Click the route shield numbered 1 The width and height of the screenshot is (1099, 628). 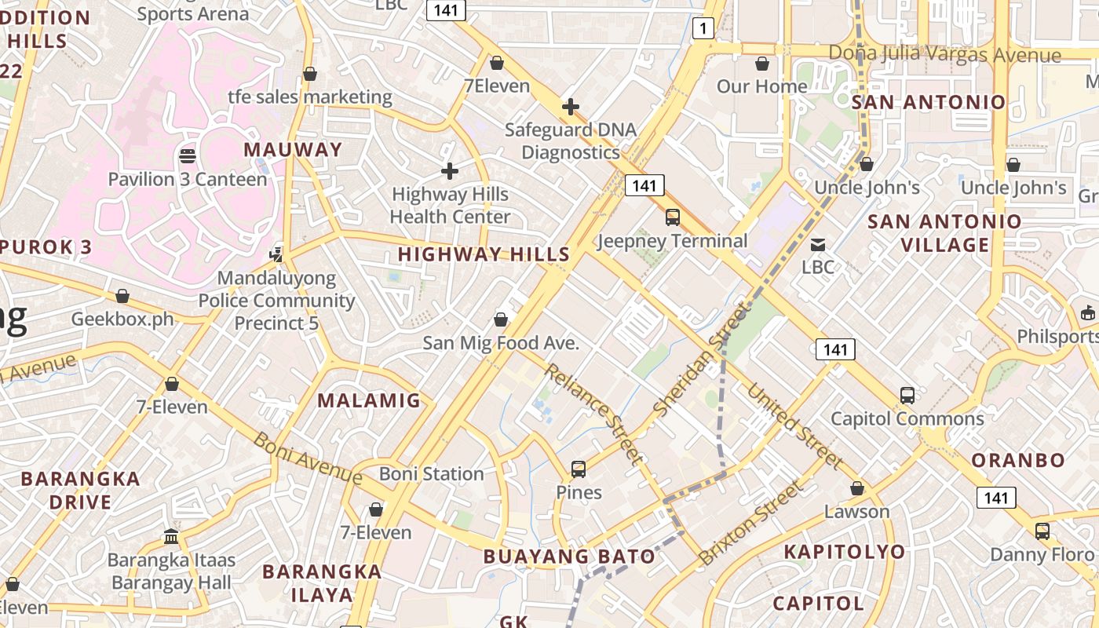pos(703,29)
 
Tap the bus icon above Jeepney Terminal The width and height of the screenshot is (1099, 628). pos(673,217)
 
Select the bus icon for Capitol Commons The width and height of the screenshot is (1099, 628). pos(907,395)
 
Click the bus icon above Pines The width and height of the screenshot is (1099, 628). pos(579,469)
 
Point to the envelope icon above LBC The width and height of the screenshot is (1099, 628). pos(818,244)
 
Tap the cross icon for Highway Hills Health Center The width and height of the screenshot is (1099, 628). pos(450,170)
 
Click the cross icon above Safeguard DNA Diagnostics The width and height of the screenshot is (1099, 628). pos(571,106)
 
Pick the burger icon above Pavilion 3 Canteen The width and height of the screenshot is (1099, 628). pos(187,155)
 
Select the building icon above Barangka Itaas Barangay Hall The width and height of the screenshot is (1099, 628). pos(171,536)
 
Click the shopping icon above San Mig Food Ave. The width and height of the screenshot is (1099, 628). pos(501,319)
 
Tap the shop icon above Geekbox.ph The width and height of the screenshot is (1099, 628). pos(122,296)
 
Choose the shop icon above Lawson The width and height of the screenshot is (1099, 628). pos(857,488)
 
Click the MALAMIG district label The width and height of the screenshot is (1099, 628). pos(369,400)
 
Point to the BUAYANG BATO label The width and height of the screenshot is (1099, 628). pos(569,557)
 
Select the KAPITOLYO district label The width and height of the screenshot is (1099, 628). pos(845,552)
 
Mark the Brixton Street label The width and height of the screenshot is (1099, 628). pos(751,523)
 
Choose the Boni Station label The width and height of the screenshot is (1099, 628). pos(432,474)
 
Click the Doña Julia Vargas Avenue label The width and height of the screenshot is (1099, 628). pos(945,55)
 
